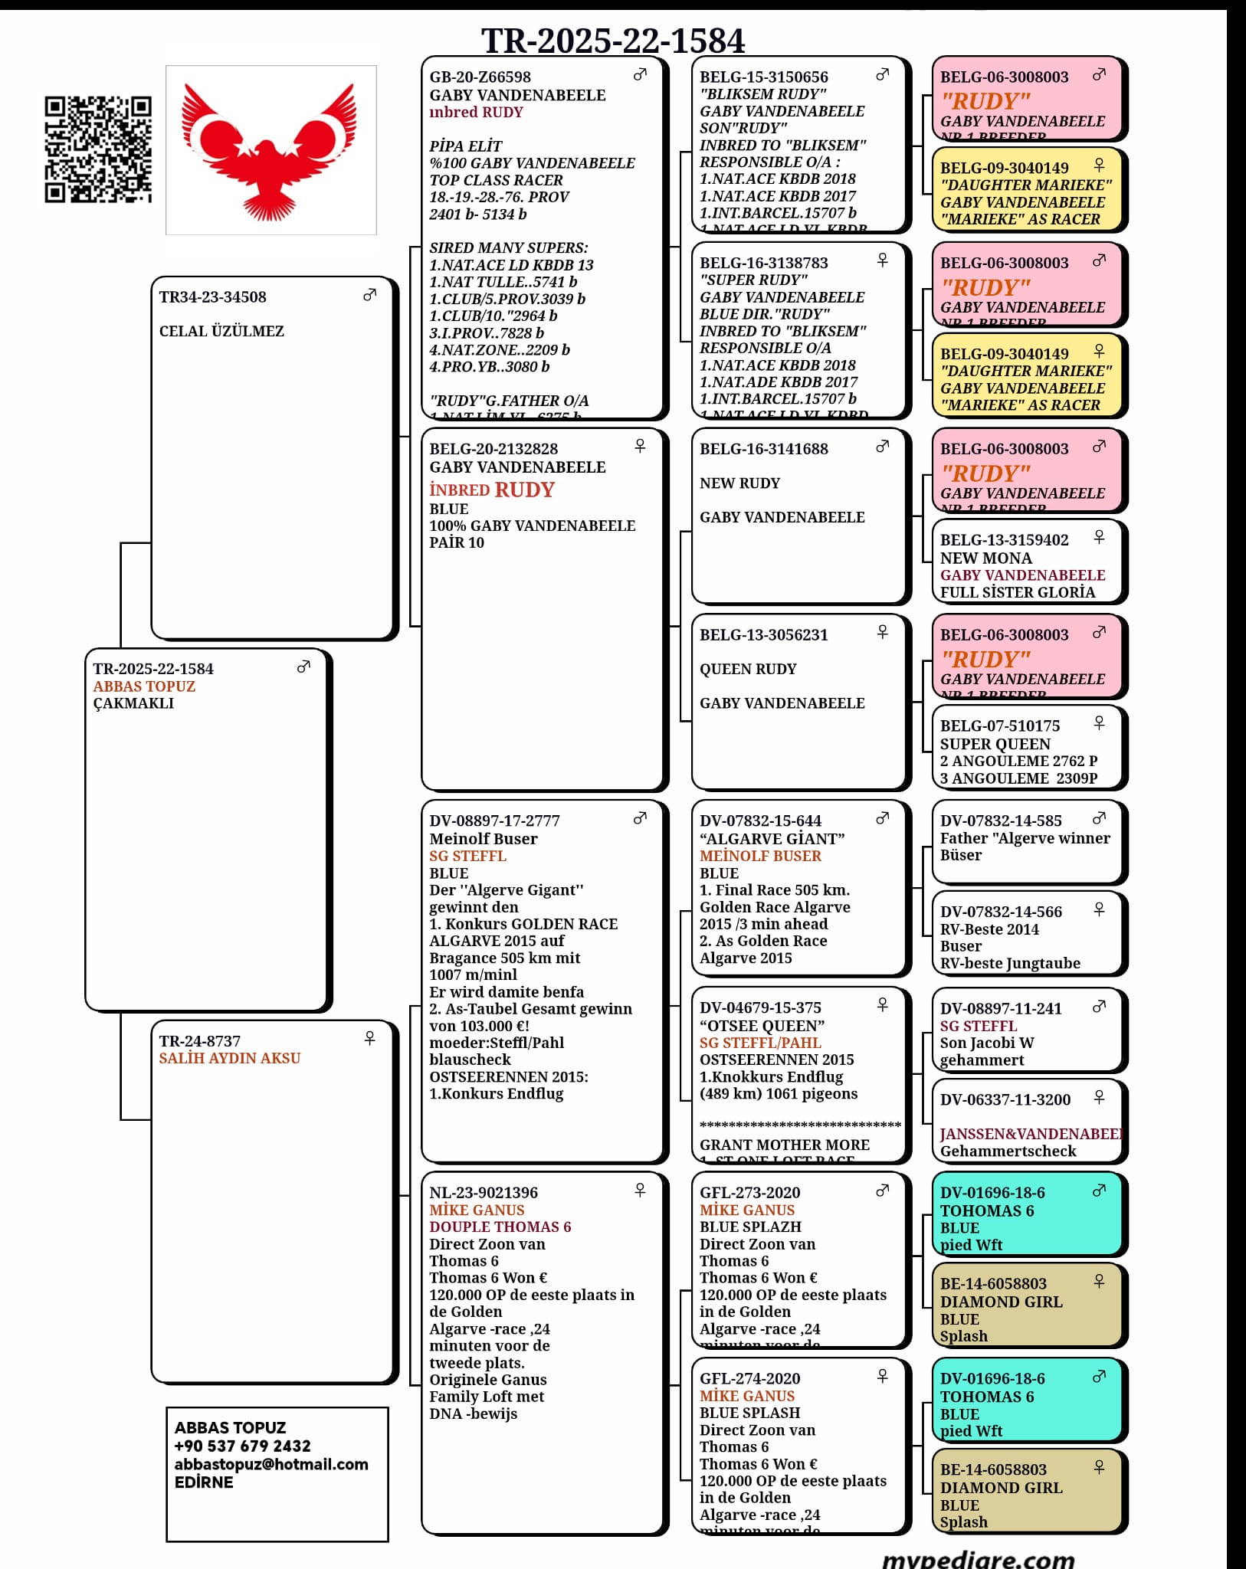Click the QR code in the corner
(x=97, y=149)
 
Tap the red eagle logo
(x=271, y=150)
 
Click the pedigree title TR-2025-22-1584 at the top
(x=612, y=40)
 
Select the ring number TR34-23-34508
(x=212, y=297)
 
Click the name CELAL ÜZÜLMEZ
(x=221, y=331)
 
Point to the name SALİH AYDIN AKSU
(x=229, y=1058)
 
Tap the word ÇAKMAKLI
(x=133, y=703)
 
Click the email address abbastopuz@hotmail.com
(x=271, y=1464)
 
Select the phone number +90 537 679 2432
(x=242, y=1446)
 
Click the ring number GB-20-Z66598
(x=480, y=77)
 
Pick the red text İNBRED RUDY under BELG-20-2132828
(x=491, y=490)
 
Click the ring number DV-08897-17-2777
(x=494, y=821)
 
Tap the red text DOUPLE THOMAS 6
(x=500, y=1227)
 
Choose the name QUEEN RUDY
(x=748, y=669)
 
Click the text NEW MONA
(x=985, y=558)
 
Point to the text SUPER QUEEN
(x=995, y=744)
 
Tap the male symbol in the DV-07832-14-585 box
(x=1099, y=818)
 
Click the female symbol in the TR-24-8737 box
(x=369, y=1038)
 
